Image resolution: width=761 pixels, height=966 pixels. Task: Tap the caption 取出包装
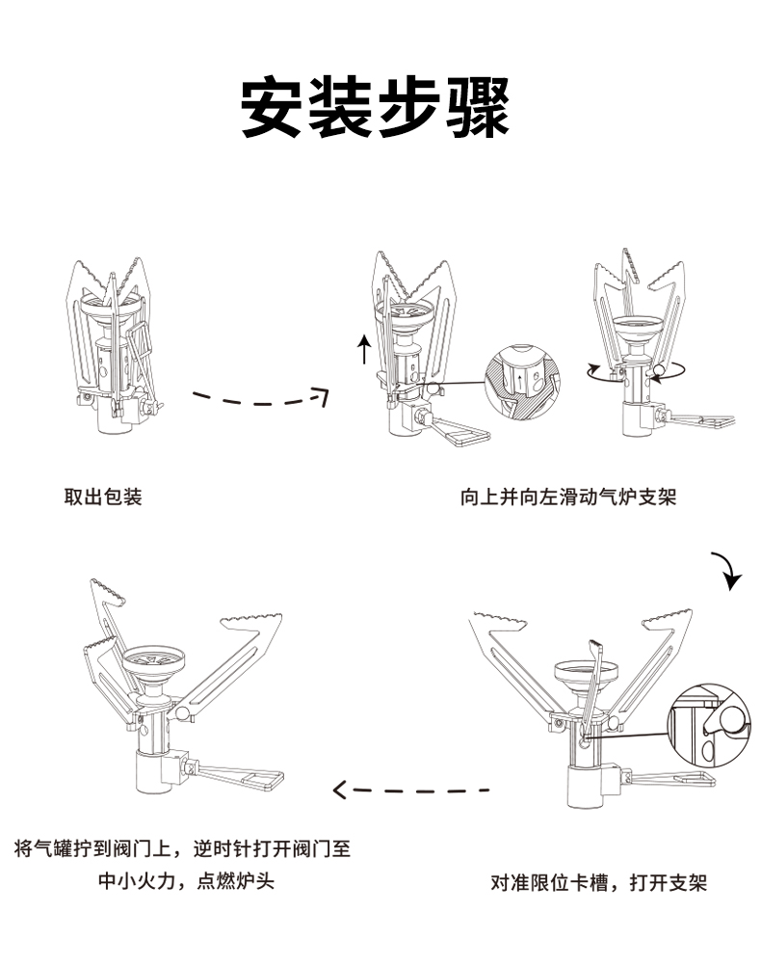pos(103,497)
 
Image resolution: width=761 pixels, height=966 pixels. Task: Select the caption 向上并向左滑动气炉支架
pos(568,497)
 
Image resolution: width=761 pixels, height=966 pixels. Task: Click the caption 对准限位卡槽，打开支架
pos(599,882)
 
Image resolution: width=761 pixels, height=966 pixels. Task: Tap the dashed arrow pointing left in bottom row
pos(411,791)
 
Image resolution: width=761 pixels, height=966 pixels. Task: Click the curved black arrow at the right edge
pos(728,571)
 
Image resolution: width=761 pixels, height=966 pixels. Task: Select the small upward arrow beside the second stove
pos(364,348)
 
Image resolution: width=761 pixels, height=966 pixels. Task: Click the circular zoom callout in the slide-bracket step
pos(521,382)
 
